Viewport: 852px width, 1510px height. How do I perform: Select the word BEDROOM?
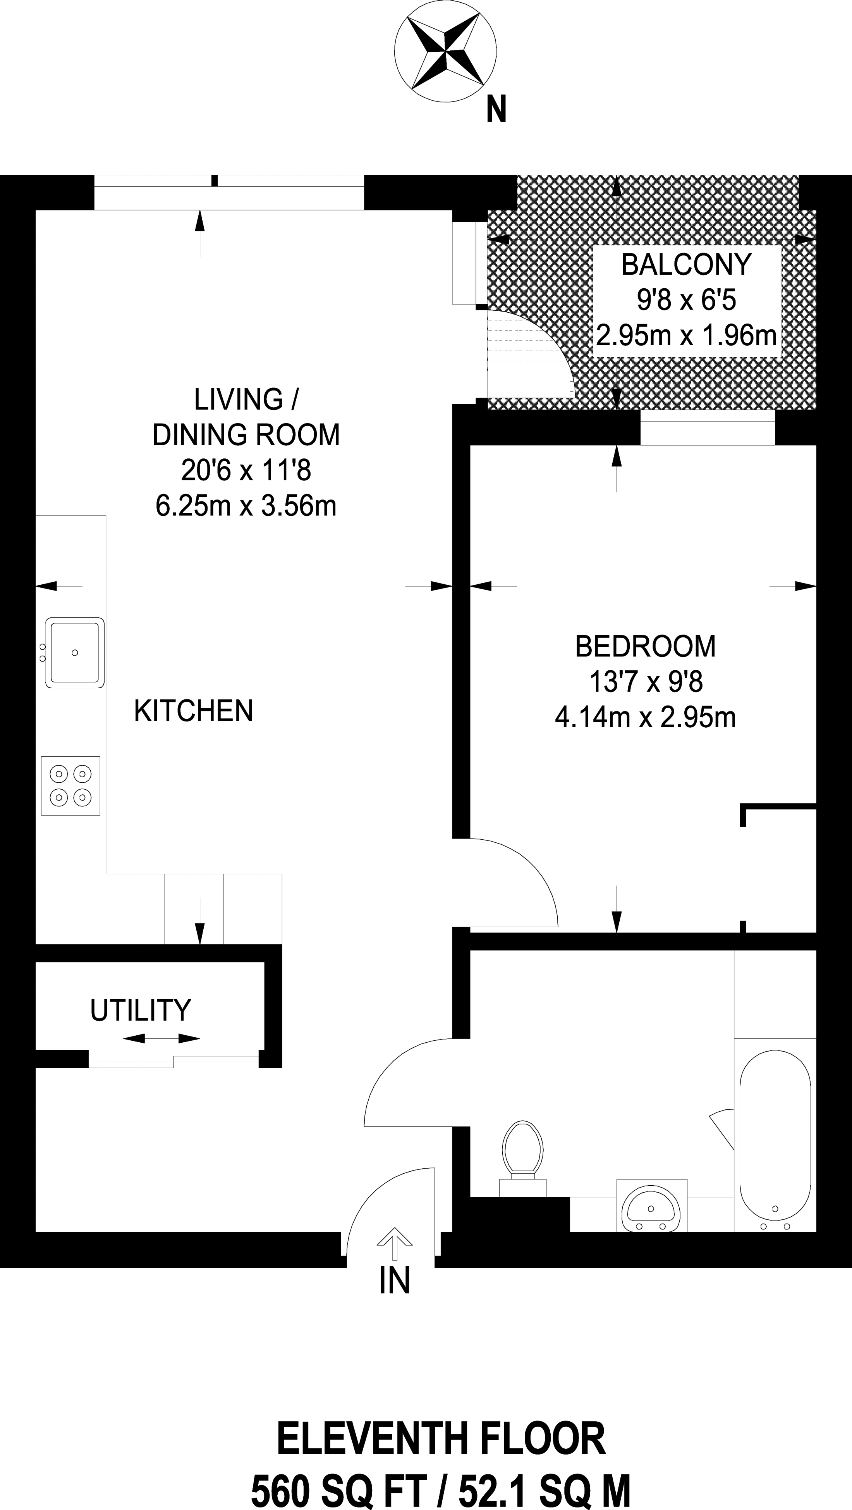point(645,647)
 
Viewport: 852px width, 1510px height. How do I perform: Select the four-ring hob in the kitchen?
point(70,785)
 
